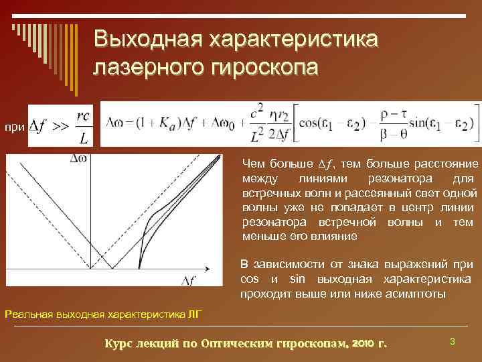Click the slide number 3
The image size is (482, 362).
453,342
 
